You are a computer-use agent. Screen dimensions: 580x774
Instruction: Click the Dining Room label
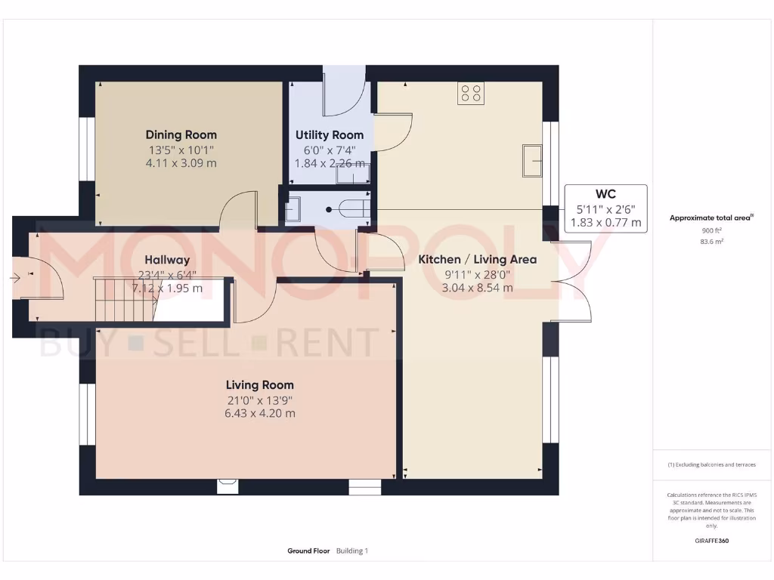click(181, 135)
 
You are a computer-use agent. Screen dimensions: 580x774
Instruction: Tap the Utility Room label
click(329, 135)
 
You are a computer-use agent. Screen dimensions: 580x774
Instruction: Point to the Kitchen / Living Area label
click(477, 260)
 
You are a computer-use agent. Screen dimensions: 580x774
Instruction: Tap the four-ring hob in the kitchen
click(471, 94)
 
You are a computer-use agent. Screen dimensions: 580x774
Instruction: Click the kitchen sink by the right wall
click(532, 159)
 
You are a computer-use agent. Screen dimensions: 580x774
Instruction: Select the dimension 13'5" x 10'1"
click(181, 150)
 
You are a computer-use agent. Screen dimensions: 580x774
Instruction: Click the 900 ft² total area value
click(711, 230)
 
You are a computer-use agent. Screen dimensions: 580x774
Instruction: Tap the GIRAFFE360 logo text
click(711, 541)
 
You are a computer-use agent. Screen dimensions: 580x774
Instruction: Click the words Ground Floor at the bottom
click(308, 551)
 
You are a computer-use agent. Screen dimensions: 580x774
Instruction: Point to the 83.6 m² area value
click(711, 242)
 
